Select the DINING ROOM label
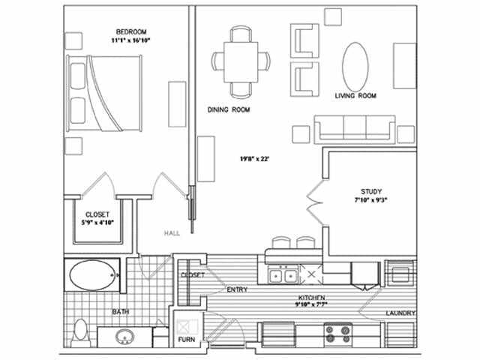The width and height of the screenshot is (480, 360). [229, 109]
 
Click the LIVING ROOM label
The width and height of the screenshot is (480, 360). [355, 96]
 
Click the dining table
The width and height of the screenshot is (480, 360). [241, 61]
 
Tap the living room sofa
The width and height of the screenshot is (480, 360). [354, 129]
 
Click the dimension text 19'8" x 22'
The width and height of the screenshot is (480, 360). [253, 159]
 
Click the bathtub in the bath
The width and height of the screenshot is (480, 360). [91, 275]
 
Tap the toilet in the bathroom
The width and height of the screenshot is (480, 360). [82, 331]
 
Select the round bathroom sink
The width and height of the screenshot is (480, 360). [125, 339]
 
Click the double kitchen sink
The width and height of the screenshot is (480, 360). [282, 276]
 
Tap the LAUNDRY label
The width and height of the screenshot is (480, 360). [401, 313]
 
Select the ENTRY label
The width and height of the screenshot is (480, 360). [237, 289]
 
